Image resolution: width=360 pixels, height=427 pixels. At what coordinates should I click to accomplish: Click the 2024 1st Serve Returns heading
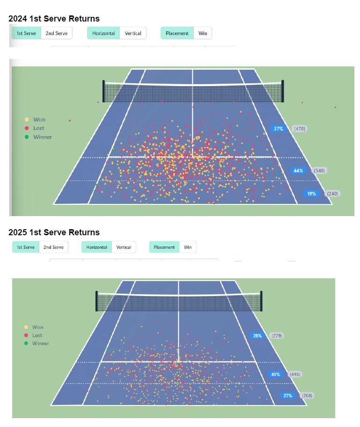tap(54, 19)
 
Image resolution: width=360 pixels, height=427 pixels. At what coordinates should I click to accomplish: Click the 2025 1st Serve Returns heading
tap(54, 232)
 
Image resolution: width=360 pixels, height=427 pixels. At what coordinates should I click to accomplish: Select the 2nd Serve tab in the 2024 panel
tap(56, 33)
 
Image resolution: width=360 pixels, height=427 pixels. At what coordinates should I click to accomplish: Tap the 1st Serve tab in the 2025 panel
tap(26, 247)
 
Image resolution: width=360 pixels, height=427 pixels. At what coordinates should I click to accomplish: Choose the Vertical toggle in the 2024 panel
tap(133, 33)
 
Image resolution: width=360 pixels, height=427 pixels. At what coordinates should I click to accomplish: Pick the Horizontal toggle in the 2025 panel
tap(97, 247)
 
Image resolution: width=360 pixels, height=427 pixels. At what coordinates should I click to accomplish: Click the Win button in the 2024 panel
tap(203, 33)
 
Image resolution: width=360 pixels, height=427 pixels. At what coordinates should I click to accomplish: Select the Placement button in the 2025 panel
tap(164, 247)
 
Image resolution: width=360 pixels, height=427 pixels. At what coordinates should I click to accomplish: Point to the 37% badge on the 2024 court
tap(279, 129)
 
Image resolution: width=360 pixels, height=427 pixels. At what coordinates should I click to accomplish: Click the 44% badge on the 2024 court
tap(298, 171)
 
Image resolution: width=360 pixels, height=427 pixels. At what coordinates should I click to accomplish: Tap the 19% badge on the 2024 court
tap(311, 194)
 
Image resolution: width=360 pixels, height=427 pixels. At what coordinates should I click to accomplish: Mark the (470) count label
tap(300, 129)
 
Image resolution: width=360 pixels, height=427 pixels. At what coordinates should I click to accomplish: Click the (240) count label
tap(332, 194)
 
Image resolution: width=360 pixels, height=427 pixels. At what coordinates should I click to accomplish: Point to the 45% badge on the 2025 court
tap(276, 374)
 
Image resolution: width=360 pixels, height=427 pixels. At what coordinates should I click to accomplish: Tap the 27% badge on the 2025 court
tap(287, 396)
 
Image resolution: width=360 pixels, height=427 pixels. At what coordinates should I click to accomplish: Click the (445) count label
tap(296, 374)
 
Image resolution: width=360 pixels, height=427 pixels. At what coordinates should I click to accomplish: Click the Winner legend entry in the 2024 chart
tap(42, 137)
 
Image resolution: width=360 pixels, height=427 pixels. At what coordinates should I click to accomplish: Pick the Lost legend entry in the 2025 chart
tap(37, 335)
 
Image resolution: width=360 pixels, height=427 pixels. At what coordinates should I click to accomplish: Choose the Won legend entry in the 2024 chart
tap(39, 120)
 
